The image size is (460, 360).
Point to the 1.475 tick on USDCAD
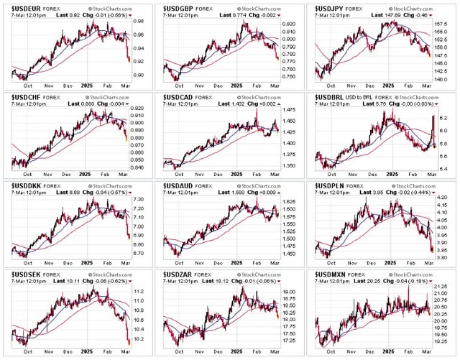point(290,109)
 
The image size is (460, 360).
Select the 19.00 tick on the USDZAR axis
point(290,292)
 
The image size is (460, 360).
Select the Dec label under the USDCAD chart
point(218,177)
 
